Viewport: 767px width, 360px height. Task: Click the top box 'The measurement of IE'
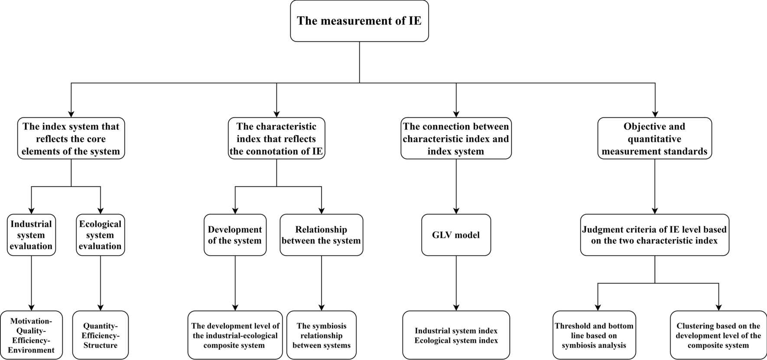pyautogui.click(x=359, y=21)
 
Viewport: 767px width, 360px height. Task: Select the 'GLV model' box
pyautogui.click(x=456, y=235)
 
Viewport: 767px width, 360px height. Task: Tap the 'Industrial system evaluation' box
pyautogui.click(x=31, y=235)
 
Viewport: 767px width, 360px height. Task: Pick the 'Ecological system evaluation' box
pyautogui.click(x=100, y=235)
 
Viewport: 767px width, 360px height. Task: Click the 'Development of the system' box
pyautogui.click(x=235, y=235)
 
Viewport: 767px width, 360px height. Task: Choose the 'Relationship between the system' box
pyautogui.click(x=321, y=235)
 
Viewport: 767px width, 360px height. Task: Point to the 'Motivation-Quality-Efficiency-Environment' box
pyautogui.click(x=31, y=335)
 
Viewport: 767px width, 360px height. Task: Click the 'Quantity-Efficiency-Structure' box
pyautogui.click(x=100, y=335)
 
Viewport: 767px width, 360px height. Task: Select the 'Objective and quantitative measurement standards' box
pyautogui.click(x=654, y=139)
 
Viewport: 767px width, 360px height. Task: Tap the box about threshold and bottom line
pyautogui.click(x=594, y=335)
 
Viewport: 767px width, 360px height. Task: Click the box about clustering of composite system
pyautogui.click(x=718, y=335)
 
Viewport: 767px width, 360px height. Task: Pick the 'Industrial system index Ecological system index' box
pyautogui.click(x=456, y=335)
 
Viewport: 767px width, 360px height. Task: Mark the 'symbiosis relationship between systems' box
pyautogui.click(x=321, y=335)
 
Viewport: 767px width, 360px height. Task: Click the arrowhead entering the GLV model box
pyautogui.click(x=456, y=210)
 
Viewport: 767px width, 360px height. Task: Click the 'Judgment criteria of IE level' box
pyautogui.click(x=654, y=235)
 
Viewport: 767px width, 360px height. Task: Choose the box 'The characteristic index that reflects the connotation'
pyautogui.click(x=276, y=139)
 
